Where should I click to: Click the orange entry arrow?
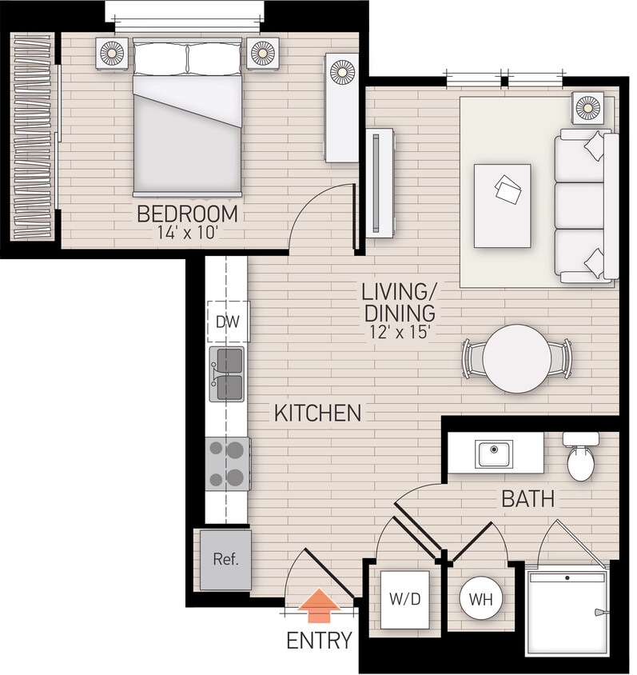pyautogui.click(x=319, y=606)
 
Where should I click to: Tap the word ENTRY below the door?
pyautogui.click(x=319, y=641)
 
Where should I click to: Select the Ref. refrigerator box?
pyautogui.click(x=225, y=560)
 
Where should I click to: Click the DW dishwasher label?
pyautogui.click(x=228, y=322)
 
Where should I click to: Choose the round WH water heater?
pyautogui.click(x=481, y=599)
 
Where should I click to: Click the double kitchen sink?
pyautogui.click(x=228, y=374)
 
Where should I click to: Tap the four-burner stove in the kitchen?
pyautogui.click(x=228, y=464)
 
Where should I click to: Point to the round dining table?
pyautogui.click(x=518, y=358)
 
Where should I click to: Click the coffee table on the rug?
pyautogui.click(x=502, y=206)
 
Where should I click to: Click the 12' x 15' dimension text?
pyautogui.click(x=399, y=331)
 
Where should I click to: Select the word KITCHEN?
pyautogui.click(x=317, y=413)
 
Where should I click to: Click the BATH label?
pyautogui.click(x=528, y=500)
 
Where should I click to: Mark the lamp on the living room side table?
pyautogui.click(x=588, y=106)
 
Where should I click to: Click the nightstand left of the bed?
pyautogui.click(x=112, y=54)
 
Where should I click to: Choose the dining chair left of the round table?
pyautogui.click(x=472, y=358)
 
